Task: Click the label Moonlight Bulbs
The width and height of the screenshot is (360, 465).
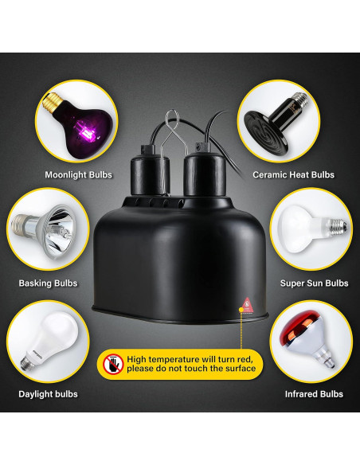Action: tap(77, 174)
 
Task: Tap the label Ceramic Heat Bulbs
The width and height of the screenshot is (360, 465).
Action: tap(293, 174)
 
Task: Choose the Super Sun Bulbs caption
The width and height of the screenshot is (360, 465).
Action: tap(314, 283)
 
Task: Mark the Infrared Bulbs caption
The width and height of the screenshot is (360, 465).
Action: tap(314, 394)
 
